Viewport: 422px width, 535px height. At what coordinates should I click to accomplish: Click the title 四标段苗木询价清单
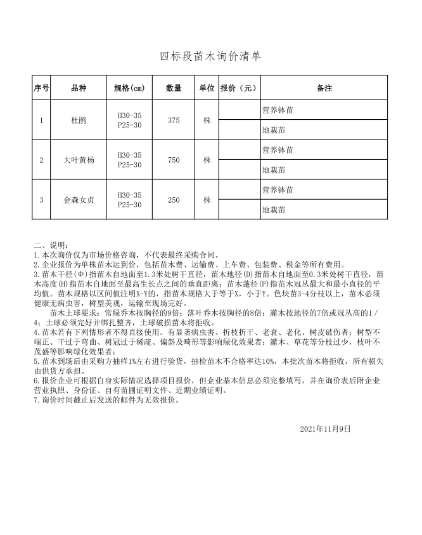(x=210, y=57)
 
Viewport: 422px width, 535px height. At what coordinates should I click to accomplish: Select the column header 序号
(x=41, y=88)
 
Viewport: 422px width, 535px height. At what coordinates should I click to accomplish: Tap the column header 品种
(x=79, y=88)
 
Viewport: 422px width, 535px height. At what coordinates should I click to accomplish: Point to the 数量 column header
(x=174, y=88)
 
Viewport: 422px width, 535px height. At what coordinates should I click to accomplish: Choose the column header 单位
(x=207, y=88)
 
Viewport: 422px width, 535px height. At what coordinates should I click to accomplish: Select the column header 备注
(x=324, y=88)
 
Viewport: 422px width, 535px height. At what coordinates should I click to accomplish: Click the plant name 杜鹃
(x=79, y=120)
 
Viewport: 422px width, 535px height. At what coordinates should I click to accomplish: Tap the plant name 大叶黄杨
(x=79, y=160)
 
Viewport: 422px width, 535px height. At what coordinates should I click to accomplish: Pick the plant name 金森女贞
(x=79, y=200)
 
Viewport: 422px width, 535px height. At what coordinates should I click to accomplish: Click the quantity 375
(x=174, y=120)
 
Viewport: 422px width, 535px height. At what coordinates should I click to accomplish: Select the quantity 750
(x=174, y=160)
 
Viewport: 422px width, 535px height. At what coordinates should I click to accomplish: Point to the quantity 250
(x=174, y=200)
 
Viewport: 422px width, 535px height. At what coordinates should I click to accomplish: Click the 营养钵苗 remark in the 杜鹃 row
(x=278, y=110)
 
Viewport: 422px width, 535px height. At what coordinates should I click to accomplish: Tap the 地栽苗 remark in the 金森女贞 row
(x=274, y=209)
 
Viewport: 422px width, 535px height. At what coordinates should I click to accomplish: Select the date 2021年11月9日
(x=325, y=429)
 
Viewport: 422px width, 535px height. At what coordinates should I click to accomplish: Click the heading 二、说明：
(x=49, y=245)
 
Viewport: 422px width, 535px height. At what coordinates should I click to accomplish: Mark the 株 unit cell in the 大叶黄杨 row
(x=207, y=160)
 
